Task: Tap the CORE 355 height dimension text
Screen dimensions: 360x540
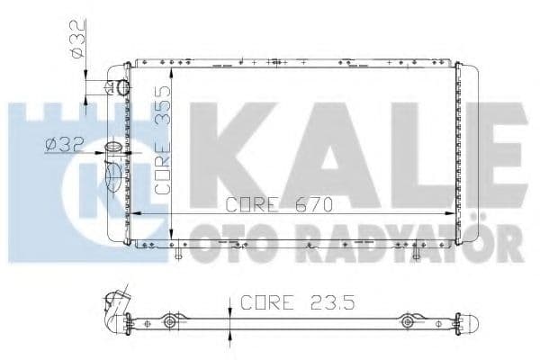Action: point(162,139)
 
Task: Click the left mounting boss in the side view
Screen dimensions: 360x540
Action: point(168,321)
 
